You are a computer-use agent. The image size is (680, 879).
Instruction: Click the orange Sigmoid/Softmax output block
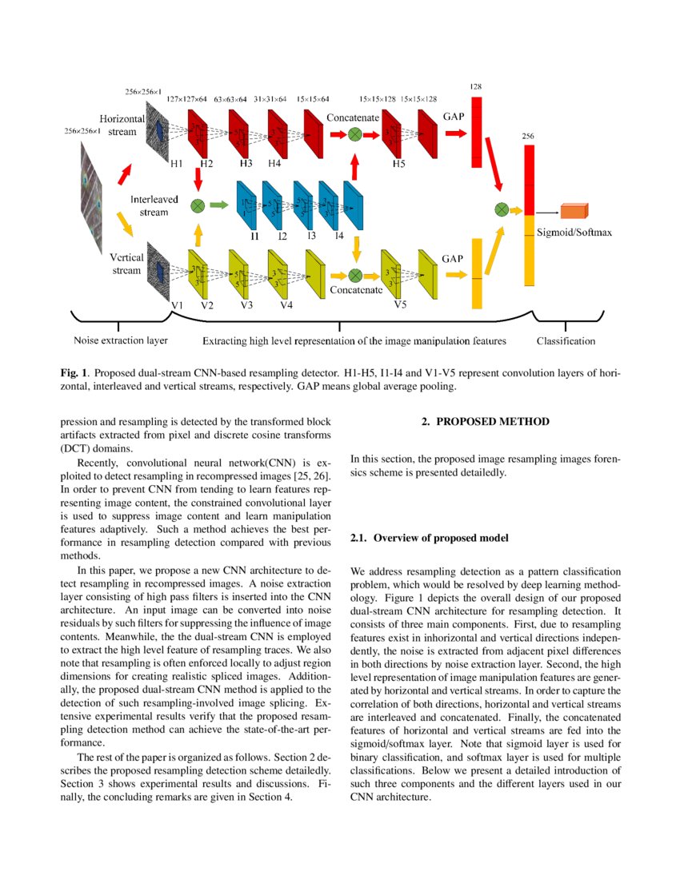tap(574, 211)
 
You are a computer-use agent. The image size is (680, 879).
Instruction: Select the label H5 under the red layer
tap(398, 164)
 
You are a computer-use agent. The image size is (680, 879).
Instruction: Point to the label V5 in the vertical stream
tap(401, 304)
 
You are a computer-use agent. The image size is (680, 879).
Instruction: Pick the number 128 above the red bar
tap(476, 86)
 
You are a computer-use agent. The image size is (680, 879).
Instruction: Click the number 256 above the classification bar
tap(528, 137)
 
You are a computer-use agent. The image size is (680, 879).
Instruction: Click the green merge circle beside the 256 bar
tap(502, 209)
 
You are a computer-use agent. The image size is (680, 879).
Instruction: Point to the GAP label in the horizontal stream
tap(453, 116)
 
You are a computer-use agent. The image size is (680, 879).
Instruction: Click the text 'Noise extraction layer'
tap(121, 340)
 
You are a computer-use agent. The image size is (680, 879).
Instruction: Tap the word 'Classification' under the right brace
tap(566, 341)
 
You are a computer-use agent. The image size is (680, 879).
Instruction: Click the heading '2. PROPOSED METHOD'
tap(486, 421)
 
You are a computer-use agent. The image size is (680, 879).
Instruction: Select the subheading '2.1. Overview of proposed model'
tap(429, 538)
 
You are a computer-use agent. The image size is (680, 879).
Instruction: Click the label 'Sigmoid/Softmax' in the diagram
tap(574, 233)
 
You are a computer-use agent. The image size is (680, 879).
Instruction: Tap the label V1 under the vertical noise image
tap(177, 305)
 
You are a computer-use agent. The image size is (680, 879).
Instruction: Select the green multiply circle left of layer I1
tap(198, 205)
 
